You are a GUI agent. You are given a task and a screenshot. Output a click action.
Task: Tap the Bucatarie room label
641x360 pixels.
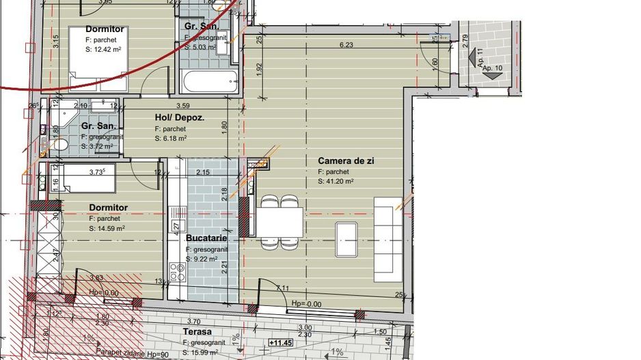pyautogui.click(x=206, y=239)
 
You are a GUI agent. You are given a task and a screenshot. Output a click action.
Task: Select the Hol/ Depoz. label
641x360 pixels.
pyautogui.click(x=180, y=117)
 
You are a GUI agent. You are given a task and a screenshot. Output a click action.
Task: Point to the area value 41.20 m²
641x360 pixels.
pyautogui.click(x=335, y=182)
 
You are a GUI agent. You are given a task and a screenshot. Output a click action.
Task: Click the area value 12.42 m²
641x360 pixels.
pyautogui.click(x=103, y=49)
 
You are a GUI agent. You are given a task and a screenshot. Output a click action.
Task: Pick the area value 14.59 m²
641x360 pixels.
pyautogui.click(x=107, y=228)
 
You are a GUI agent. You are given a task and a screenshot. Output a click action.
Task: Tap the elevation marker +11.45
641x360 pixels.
pyautogui.click(x=280, y=343)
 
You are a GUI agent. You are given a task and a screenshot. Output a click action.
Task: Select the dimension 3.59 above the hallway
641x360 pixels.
pyautogui.click(x=182, y=106)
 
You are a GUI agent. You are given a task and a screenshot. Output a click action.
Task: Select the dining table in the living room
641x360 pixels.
pyautogui.click(x=280, y=221)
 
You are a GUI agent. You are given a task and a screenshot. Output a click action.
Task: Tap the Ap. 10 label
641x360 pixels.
pyautogui.click(x=491, y=69)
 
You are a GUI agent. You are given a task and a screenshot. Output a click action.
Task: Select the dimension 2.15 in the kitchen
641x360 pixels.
pyautogui.click(x=204, y=172)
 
